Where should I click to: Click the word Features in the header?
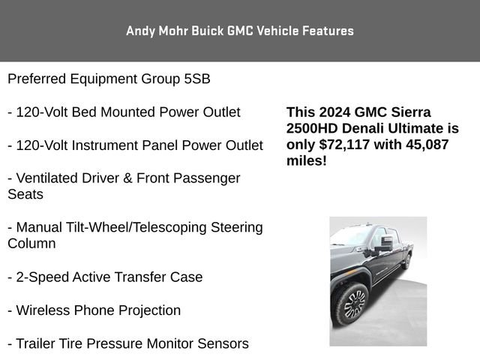[328, 31]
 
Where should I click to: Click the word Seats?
[25, 194]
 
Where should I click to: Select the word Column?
[31, 244]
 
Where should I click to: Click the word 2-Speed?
[42, 277]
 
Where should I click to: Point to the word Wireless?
[44, 310]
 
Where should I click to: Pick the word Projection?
[147, 310]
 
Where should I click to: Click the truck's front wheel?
[351, 304]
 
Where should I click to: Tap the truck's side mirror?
[385, 243]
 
